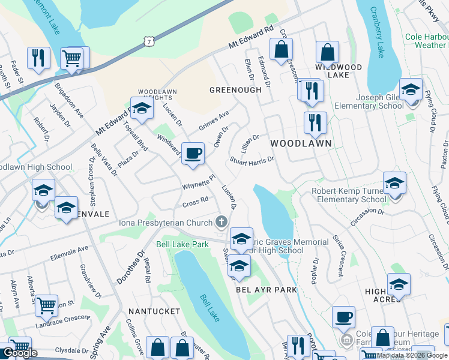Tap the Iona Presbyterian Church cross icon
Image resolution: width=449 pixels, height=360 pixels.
pyautogui.click(x=222, y=223)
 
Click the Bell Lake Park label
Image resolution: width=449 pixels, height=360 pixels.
pyautogui.click(x=182, y=244)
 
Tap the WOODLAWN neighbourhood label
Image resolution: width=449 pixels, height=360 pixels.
pyautogui.click(x=301, y=143)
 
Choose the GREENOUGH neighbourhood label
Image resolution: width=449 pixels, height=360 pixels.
pyautogui.click(x=235, y=90)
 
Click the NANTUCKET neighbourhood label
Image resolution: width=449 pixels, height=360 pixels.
pyautogui.click(x=154, y=311)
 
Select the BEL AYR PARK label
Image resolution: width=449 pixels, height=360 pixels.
pyautogui.click(x=267, y=290)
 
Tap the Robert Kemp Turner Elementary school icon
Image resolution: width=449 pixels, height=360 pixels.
pyautogui.click(x=394, y=184)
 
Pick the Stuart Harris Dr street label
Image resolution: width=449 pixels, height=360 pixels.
pyautogui.click(x=252, y=162)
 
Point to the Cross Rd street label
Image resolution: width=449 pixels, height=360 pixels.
pyautogui.click(x=195, y=200)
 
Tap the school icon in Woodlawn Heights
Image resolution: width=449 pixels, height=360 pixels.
pyautogui.click(x=142, y=109)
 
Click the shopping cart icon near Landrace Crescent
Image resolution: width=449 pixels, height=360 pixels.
pyautogui.click(x=46, y=305)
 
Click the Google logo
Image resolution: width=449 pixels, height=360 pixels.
pyautogui.click(x=20, y=353)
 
